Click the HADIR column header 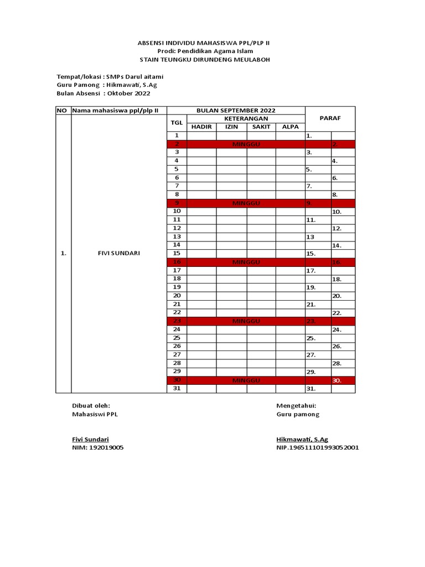point(201,127)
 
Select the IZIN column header point(231,127)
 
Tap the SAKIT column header point(261,127)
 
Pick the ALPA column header point(290,127)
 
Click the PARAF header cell point(330,118)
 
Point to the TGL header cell point(177,122)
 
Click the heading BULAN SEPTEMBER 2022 point(236,111)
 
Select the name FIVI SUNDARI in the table point(118,253)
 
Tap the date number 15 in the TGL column point(177,253)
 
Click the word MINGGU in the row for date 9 point(246,203)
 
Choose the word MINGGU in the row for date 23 point(246,321)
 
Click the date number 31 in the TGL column point(177,389)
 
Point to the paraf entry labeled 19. point(310,287)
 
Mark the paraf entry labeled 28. point(336,364)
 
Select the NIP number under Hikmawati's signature point(317,447)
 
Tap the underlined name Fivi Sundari point(91,439)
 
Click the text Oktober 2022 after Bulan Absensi point(129,94)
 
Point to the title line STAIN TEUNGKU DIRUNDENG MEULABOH point(205,59)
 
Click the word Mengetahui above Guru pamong point(296,405)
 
